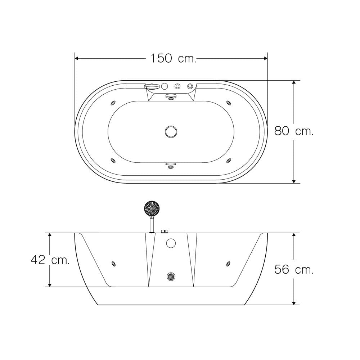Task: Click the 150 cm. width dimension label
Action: click(x=174, y=58)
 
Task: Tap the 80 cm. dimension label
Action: click(x=294, y=131)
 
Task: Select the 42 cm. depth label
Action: click(x=50, y=260)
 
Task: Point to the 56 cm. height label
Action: click(x=294, y=269)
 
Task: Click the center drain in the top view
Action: click(x=171, y=132)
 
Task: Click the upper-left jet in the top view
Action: click(x=113, y=103)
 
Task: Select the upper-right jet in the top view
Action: click(x=229, y=103)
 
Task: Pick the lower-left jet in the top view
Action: click(x=113, y=161)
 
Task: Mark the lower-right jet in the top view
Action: click(x=229, y=161)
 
